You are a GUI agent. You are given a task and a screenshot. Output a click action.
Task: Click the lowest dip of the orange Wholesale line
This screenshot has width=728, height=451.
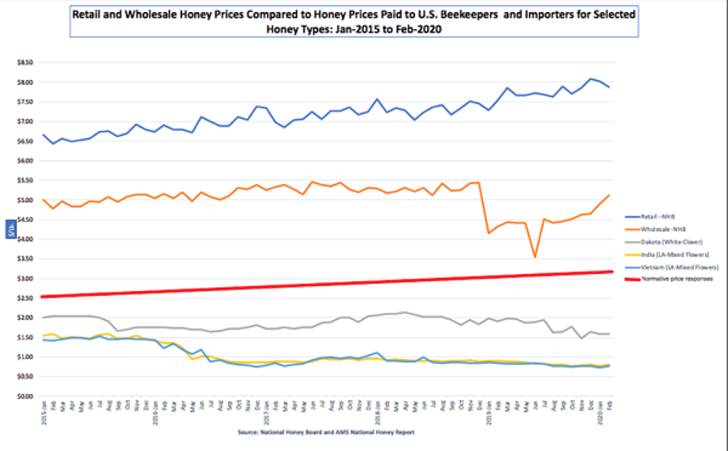[x=535, y=257]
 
